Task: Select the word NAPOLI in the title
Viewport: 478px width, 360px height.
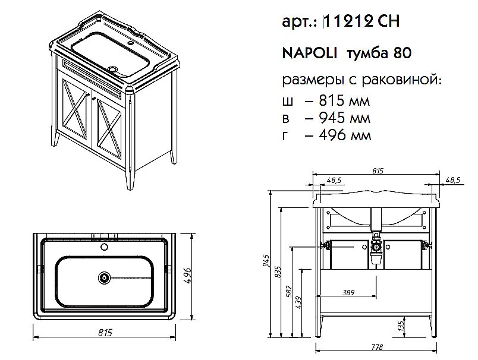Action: coord(307,53)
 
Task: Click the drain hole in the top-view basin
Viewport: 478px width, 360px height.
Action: coord(105,277)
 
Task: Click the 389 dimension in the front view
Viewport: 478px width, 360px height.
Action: coord(349,292)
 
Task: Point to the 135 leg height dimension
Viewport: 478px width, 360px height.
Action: coord(402,325)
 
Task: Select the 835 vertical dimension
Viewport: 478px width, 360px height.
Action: coord(285,270)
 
